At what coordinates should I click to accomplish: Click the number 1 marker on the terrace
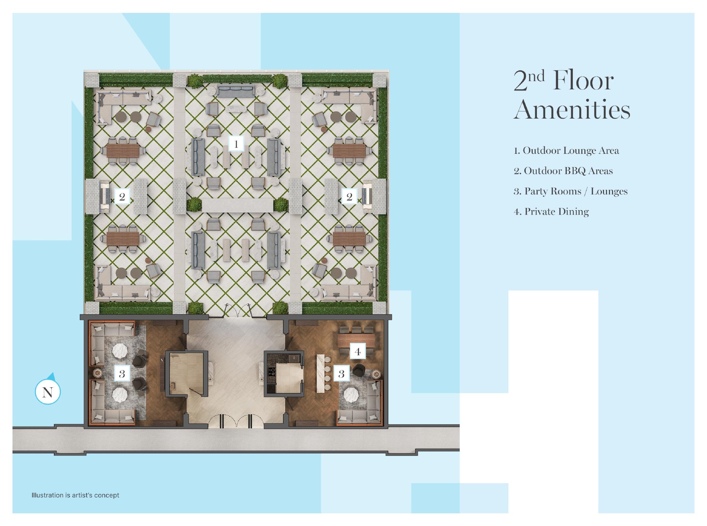click(236, 144)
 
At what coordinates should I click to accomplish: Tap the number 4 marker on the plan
click(357, 351)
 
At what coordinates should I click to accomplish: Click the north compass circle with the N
click(48, 392)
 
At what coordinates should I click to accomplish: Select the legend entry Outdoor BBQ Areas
click(563, 171)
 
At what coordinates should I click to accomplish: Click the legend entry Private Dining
click(551, 212)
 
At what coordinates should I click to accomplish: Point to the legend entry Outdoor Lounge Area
click(566, 150)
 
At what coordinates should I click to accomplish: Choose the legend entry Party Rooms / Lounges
click(570, 191)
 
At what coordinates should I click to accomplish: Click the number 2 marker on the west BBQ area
click(122, 196)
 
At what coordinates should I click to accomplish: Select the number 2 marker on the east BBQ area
click(349, 196)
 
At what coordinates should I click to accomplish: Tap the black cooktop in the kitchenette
click(271, 372)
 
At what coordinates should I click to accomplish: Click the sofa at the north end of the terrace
click(236, 91)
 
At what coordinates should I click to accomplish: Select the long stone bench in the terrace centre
click(238, 205)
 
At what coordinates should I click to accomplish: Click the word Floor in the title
click(583, 81)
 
